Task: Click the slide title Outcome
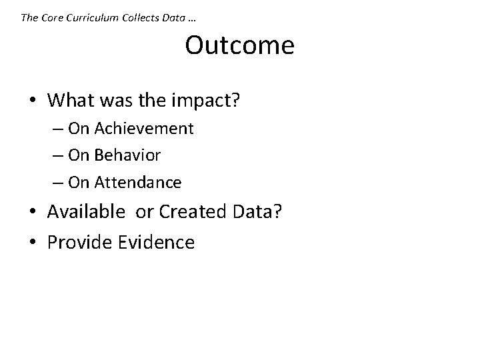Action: click(239, 46)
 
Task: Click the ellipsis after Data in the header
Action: click(193, 19)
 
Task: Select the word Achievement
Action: click(145, 128)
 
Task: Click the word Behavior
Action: click(128, 155)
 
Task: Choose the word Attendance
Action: click(139, 181)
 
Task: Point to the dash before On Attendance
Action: click(59, 183)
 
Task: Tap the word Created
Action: click(193, 213)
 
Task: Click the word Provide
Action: click(79, 242)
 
